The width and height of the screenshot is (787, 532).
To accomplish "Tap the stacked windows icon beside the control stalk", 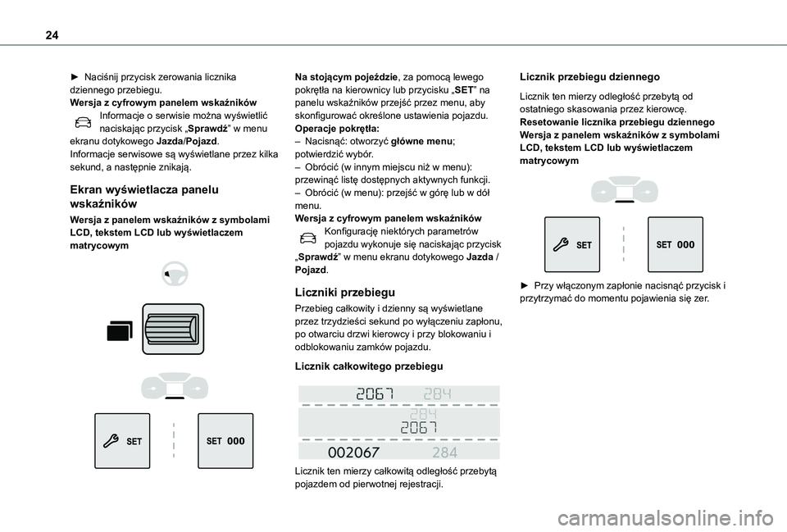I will (x=117, y=330).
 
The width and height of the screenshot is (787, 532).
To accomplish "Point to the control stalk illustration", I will (x=172, y=330).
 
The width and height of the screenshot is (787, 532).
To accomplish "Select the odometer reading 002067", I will (x=353, y=452).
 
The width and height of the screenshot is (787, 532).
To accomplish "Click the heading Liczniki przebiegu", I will (x=345, y=292).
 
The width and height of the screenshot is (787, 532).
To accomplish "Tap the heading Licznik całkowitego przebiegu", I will (x=369, y=365).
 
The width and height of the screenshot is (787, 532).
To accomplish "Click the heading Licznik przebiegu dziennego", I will (x=589, y=77).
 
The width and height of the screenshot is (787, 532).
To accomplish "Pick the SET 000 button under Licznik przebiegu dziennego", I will (x=676, y=245).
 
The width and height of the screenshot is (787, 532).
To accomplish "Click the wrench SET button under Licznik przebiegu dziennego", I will (x=571, y=245).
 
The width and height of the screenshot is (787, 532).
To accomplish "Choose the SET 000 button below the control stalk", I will (x=225, y=441).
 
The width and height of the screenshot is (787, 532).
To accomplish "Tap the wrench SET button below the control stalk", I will (x=122, y=441).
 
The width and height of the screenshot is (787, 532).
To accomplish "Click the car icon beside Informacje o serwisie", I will (x=83, y=121).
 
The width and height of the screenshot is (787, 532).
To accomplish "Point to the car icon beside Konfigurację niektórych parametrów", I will (x=307, y=238).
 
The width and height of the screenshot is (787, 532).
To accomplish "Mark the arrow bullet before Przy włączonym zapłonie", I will (x=525, y=286).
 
